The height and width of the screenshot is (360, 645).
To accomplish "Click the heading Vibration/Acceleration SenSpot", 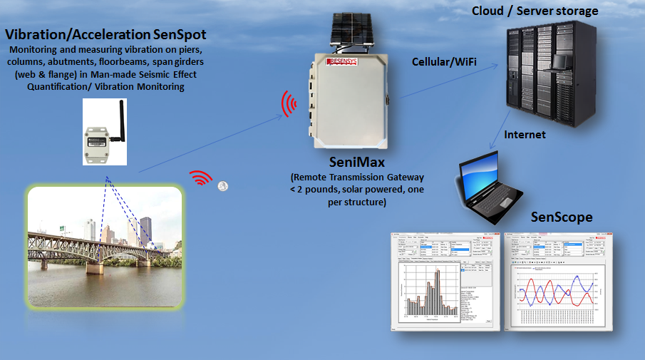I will point(105,35).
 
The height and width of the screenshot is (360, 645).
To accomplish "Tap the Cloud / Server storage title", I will point(535,11).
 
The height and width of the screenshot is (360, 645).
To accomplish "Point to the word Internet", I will point(525,134).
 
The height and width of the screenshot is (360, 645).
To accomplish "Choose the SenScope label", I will point(562,217).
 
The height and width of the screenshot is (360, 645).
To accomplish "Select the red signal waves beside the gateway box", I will point(289,104).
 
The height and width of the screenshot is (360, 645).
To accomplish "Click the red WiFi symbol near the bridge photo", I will point(201,178).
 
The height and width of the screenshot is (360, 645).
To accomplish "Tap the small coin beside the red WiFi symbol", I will point(224,186).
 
